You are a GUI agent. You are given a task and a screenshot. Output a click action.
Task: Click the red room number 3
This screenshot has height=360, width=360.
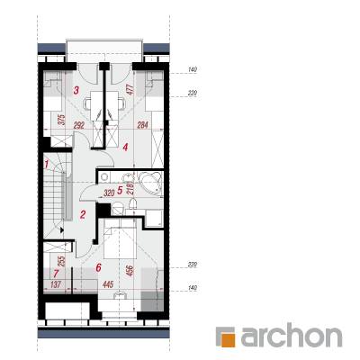pos(76,90)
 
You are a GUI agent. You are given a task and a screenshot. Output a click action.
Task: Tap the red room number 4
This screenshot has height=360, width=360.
pos(125,148)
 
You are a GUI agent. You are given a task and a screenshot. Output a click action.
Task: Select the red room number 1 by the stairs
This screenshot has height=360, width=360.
pos(47,164)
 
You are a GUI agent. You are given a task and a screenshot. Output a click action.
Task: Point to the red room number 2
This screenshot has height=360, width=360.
pos(83,214)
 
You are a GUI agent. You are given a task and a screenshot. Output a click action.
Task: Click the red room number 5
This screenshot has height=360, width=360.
pos(120,190)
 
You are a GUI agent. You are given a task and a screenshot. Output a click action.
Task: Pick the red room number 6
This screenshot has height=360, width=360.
pos(99,267)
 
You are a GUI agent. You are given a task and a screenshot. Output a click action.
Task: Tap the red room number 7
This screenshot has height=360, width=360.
pos(56,274)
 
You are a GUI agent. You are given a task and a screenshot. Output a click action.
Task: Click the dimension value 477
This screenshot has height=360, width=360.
pos(130,90)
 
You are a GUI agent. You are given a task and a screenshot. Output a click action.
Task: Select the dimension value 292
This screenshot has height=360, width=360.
pos(79,125)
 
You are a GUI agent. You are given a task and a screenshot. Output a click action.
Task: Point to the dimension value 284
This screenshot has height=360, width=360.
pos(143,125)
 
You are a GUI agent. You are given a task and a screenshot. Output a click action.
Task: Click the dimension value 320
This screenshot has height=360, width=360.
pos(109,193)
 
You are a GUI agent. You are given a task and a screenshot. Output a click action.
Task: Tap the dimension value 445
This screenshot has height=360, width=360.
pos(108,284)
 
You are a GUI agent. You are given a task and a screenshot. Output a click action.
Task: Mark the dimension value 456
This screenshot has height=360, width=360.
pos(130,271)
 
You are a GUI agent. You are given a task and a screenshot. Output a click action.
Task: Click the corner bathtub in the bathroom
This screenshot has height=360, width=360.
pos(151,184)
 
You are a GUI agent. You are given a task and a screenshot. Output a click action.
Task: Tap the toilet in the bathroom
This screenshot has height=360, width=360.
pos(117,208)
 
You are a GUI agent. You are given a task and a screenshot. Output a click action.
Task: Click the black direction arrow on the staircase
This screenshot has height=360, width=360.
pos(62,230)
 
